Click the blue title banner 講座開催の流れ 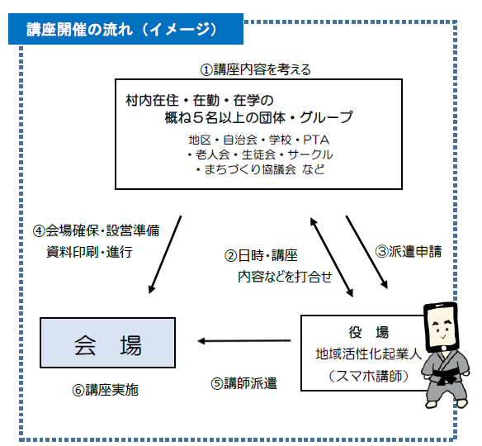(x=125, y=29)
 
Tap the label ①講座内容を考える (x=256, y=70)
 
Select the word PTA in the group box (x=316, y=140)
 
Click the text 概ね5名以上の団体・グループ (x=259, y=117)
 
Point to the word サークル (x=310, y=154)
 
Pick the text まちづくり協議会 (x=250, y=169)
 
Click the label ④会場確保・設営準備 (x=97, y=230)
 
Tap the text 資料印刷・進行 (x=89, y=252)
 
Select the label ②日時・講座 (x=261, y=255)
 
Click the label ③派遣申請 (x=409, y=252)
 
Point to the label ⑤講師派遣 (x=244, y=383)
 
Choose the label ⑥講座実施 (x=106, y=390)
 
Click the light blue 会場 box (x=107, y=343)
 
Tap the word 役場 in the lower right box (x=369, y=332)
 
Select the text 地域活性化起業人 (x=369, y=354)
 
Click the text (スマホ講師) (x=369, y=376)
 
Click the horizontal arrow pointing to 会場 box (x=244, y=341)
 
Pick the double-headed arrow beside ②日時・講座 (x=332, y=258)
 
